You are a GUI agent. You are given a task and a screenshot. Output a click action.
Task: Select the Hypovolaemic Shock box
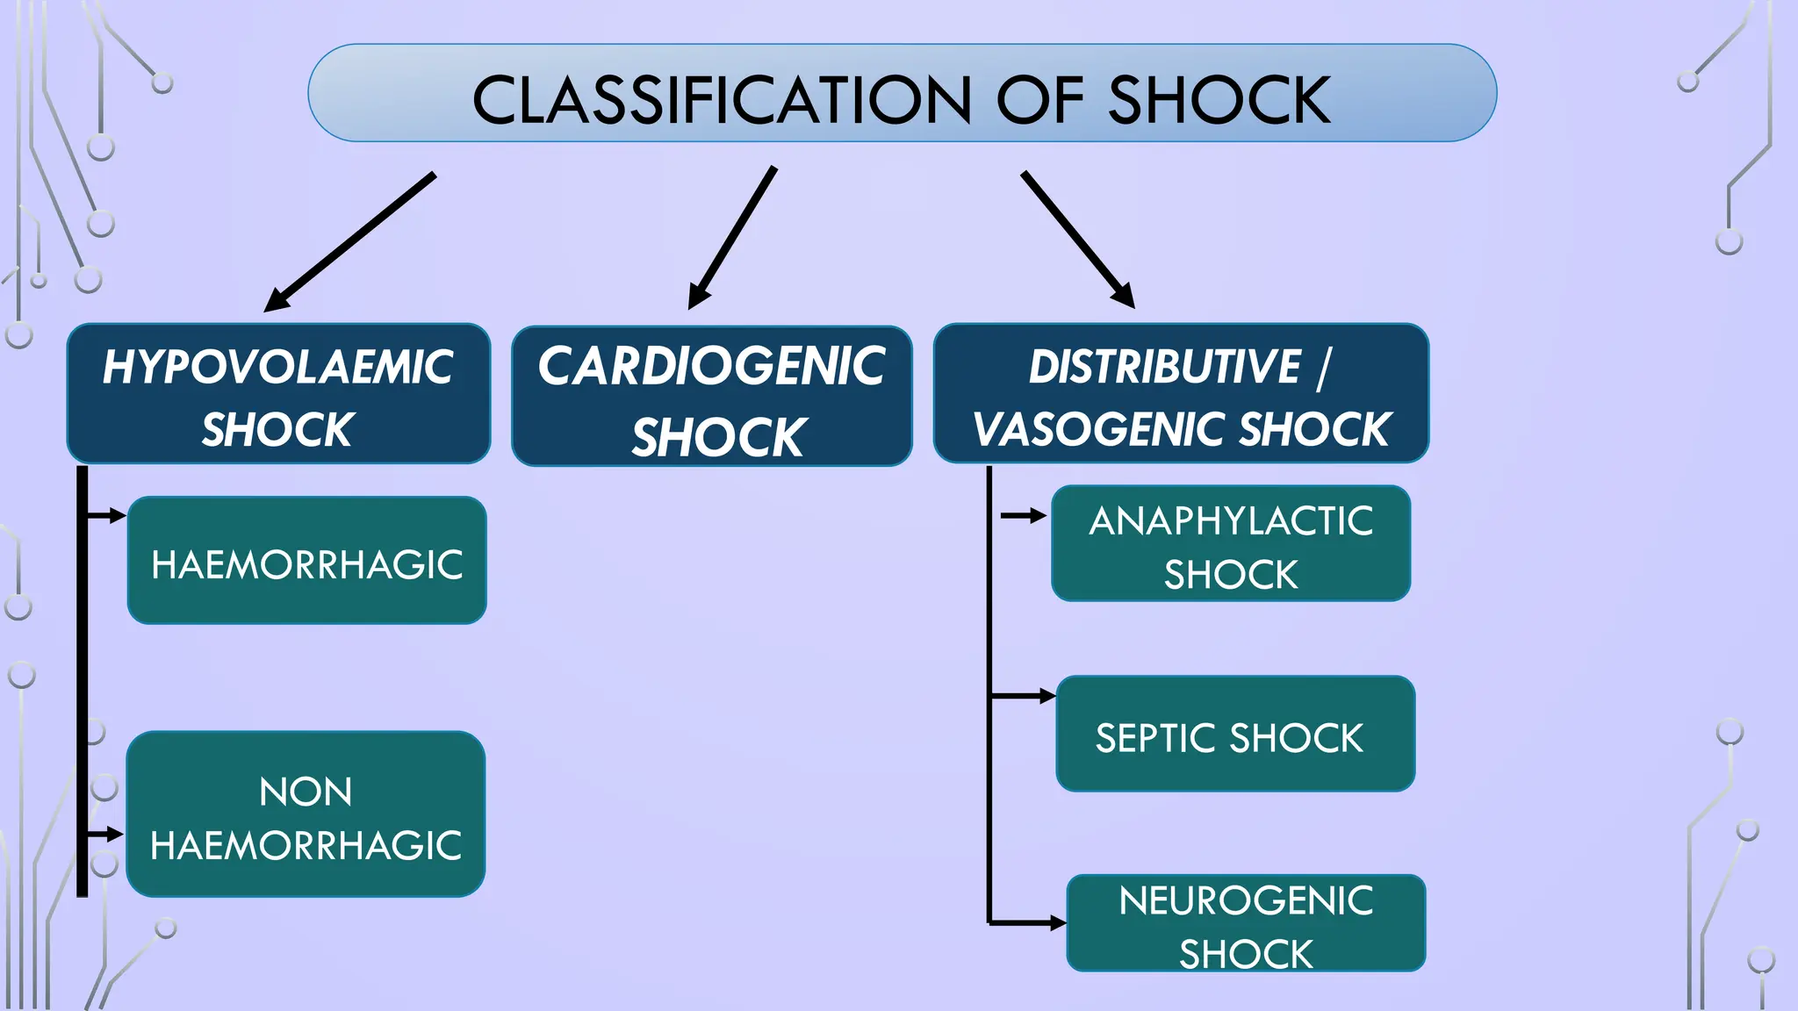tap(278, 393)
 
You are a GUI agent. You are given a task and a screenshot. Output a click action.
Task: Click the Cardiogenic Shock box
tap(712, 396)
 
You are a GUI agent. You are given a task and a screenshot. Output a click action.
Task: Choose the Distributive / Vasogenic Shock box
tap(1181, 393)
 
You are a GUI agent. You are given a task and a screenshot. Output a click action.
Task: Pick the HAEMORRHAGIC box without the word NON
tap(306, 562)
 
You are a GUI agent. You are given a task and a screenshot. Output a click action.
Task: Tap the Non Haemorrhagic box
tap(306, 814)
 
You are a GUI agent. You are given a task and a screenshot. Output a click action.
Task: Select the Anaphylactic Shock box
tap(1231, 544)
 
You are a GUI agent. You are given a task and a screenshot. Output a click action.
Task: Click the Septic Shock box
tap(1235, 735)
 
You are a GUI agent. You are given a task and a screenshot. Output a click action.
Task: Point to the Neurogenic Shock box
tap(1246, 923)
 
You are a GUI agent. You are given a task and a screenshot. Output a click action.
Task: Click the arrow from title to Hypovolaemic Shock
tap(351, 240)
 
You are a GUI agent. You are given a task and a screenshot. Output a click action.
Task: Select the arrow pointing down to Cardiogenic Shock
tap(734, 237)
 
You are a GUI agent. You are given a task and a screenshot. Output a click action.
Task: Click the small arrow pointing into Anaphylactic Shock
tap(1023, 516)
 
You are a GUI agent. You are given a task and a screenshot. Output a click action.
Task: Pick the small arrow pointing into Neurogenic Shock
tap(1027, 923)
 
